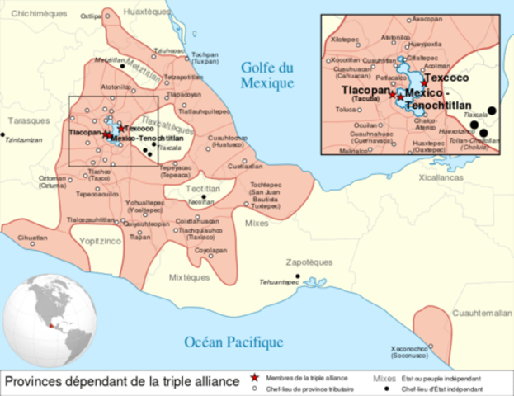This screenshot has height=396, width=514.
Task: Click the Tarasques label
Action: [24, 120]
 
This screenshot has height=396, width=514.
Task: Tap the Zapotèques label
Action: [307, 262]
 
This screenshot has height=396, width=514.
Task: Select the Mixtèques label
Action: [189, 277]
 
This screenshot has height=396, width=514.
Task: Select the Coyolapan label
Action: [210, 249]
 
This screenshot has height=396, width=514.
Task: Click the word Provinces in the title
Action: [40, 381]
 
